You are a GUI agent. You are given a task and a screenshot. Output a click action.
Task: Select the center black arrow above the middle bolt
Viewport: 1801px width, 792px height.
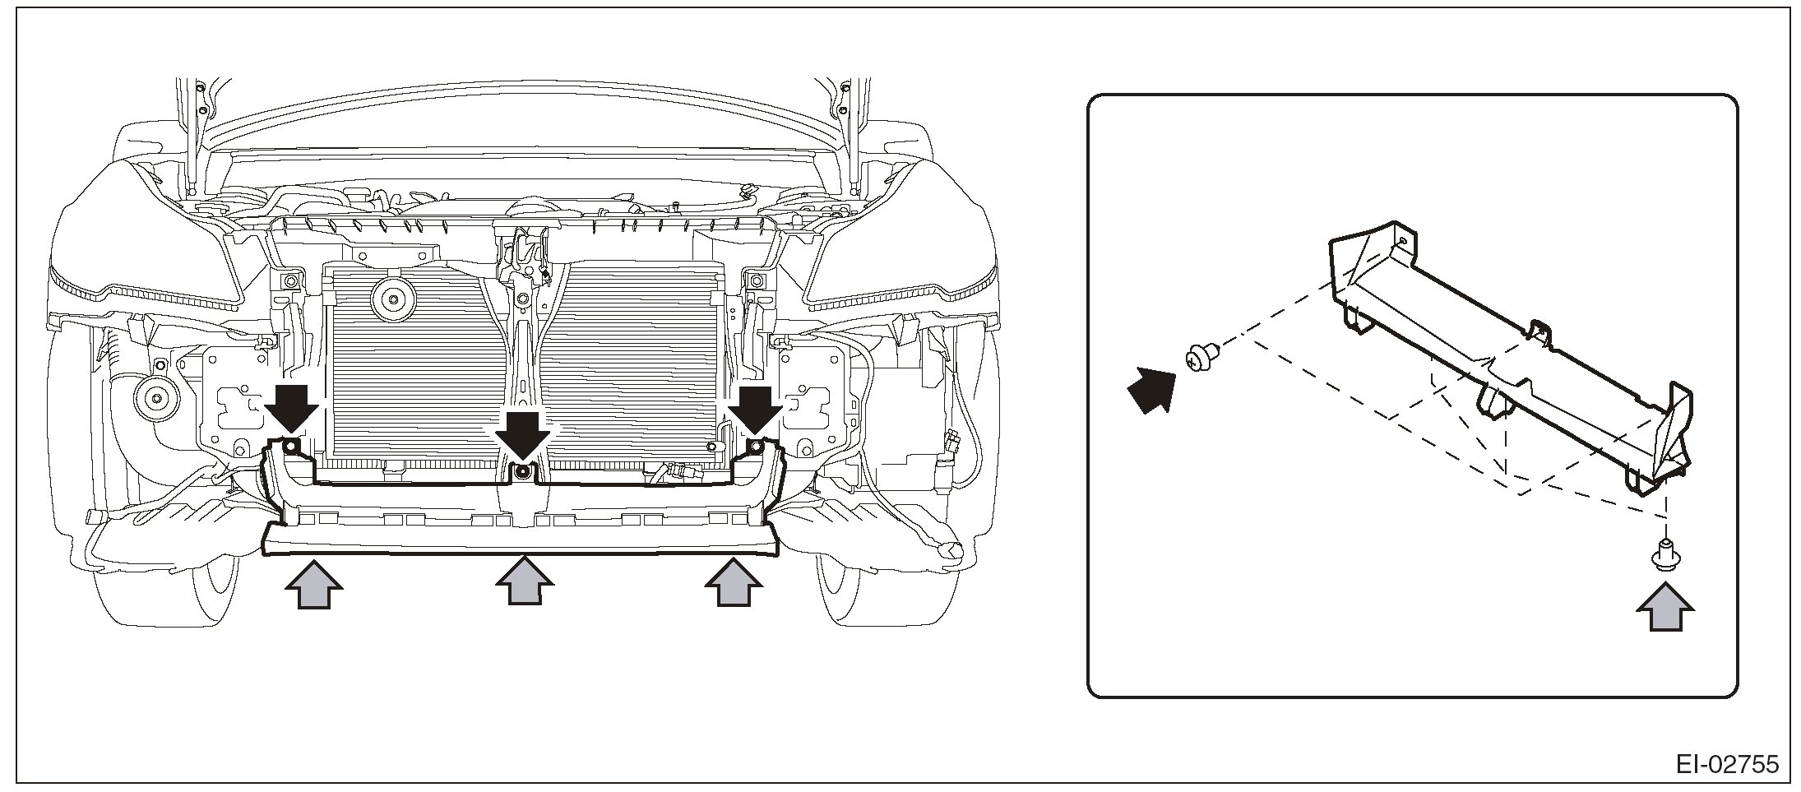[x=522, y=435]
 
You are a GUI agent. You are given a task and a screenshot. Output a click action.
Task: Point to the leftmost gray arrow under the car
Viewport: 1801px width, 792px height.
[x=313, y=583]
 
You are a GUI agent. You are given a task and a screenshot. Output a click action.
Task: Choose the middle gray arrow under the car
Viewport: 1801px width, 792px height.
[x=524, y=583]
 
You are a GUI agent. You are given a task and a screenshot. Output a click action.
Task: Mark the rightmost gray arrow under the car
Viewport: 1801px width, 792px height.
[x=734, y=583]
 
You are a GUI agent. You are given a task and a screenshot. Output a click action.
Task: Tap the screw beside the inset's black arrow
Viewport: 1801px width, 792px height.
[x=1200, y=358]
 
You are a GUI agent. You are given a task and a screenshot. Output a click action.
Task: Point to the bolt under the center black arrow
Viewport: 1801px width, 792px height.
[x=521, y=472]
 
